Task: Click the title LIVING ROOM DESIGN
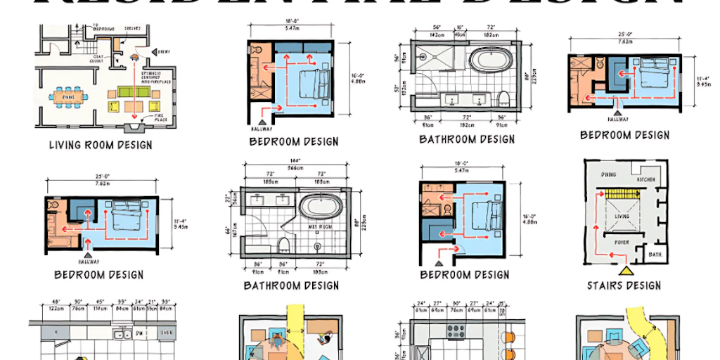click(100, 146)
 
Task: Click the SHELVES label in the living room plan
click(133, 29)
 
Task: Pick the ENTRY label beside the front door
click(165, 51)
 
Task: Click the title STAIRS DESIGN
click(624, 285)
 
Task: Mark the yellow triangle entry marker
click(623, 269)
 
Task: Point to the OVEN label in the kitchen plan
click(167, 333)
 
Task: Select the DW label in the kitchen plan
click(141, 333)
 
